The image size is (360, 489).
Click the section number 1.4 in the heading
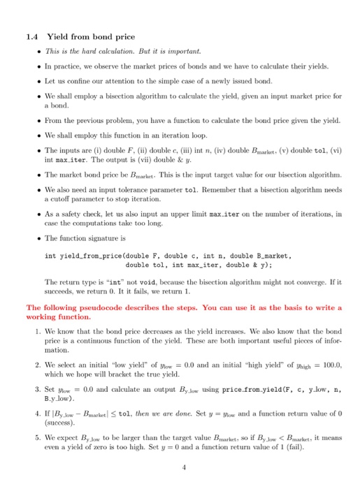pyautogui.click(x=32, y=36)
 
